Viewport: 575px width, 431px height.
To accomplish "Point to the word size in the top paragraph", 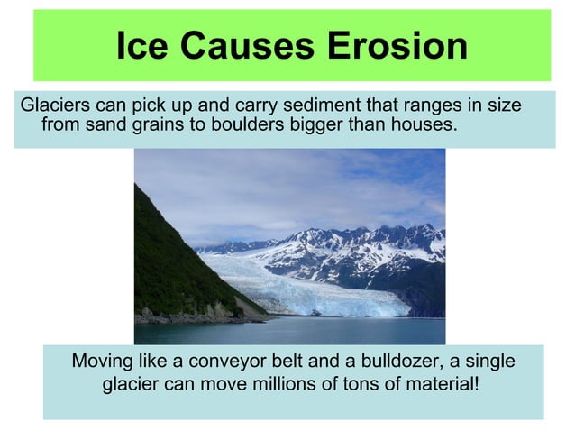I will [x=504, y=105].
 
